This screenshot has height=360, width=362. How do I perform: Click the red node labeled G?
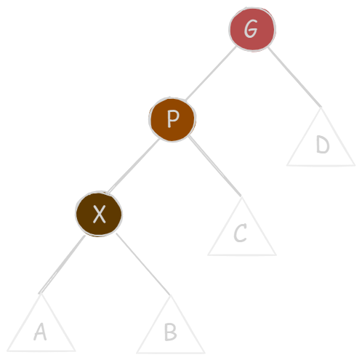tap(252, 29)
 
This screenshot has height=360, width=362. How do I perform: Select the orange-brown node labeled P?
tap(172, 119)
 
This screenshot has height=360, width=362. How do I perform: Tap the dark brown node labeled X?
tap(99, 214)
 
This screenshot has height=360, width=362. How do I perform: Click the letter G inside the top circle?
tap(251, 28)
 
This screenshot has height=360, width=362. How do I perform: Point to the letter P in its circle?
tap(173, 119)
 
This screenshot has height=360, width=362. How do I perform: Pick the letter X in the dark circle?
tap(100, 214)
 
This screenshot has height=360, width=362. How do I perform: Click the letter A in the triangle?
tap(40, 332)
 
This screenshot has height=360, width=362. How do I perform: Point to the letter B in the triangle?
tap(171, 332)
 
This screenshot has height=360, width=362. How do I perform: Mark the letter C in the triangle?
tap(240, 233)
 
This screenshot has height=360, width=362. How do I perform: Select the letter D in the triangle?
tap(323, 144)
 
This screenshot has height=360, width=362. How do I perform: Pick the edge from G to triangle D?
tap(295, 77)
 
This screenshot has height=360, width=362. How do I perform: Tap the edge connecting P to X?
tap(133, 166)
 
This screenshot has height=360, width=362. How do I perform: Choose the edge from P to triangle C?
tap(215, 166)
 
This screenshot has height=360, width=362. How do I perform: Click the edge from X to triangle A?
tap(62, 264)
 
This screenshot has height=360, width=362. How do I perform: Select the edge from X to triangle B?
tap(143, 264)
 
